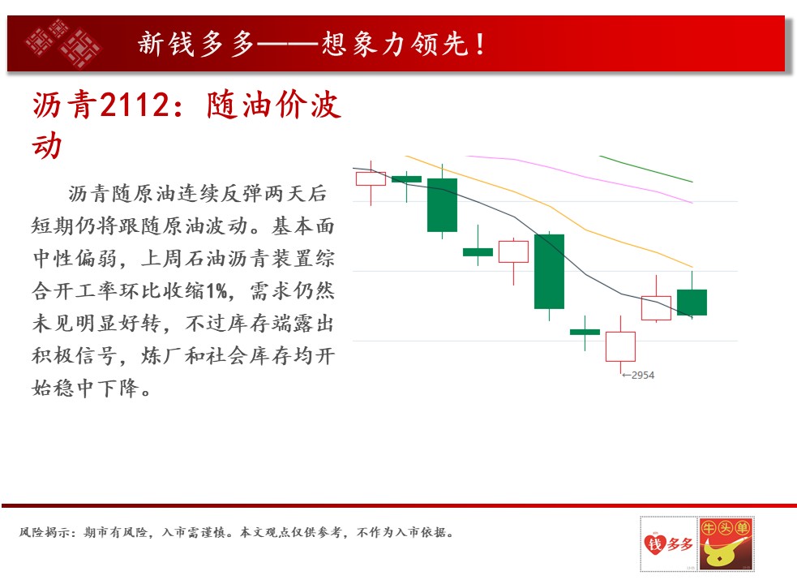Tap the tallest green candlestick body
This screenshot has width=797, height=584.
[549, 272]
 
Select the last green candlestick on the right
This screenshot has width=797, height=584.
[692, 303]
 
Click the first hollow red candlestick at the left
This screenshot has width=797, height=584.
[371, 178]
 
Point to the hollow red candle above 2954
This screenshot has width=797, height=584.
[620, 346]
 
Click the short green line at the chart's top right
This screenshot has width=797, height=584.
[646, 169]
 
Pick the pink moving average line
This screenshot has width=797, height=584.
[580, 177]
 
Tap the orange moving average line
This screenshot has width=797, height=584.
[550, 207]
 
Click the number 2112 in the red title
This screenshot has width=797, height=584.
[135, 105]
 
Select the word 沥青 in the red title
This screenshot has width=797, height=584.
[65, 105]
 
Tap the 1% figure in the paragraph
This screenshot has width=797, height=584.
[217, 291]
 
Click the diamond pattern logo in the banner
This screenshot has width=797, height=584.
[63, 43]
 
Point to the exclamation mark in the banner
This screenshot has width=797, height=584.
[480, 44]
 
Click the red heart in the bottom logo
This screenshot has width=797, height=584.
[654, 543]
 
